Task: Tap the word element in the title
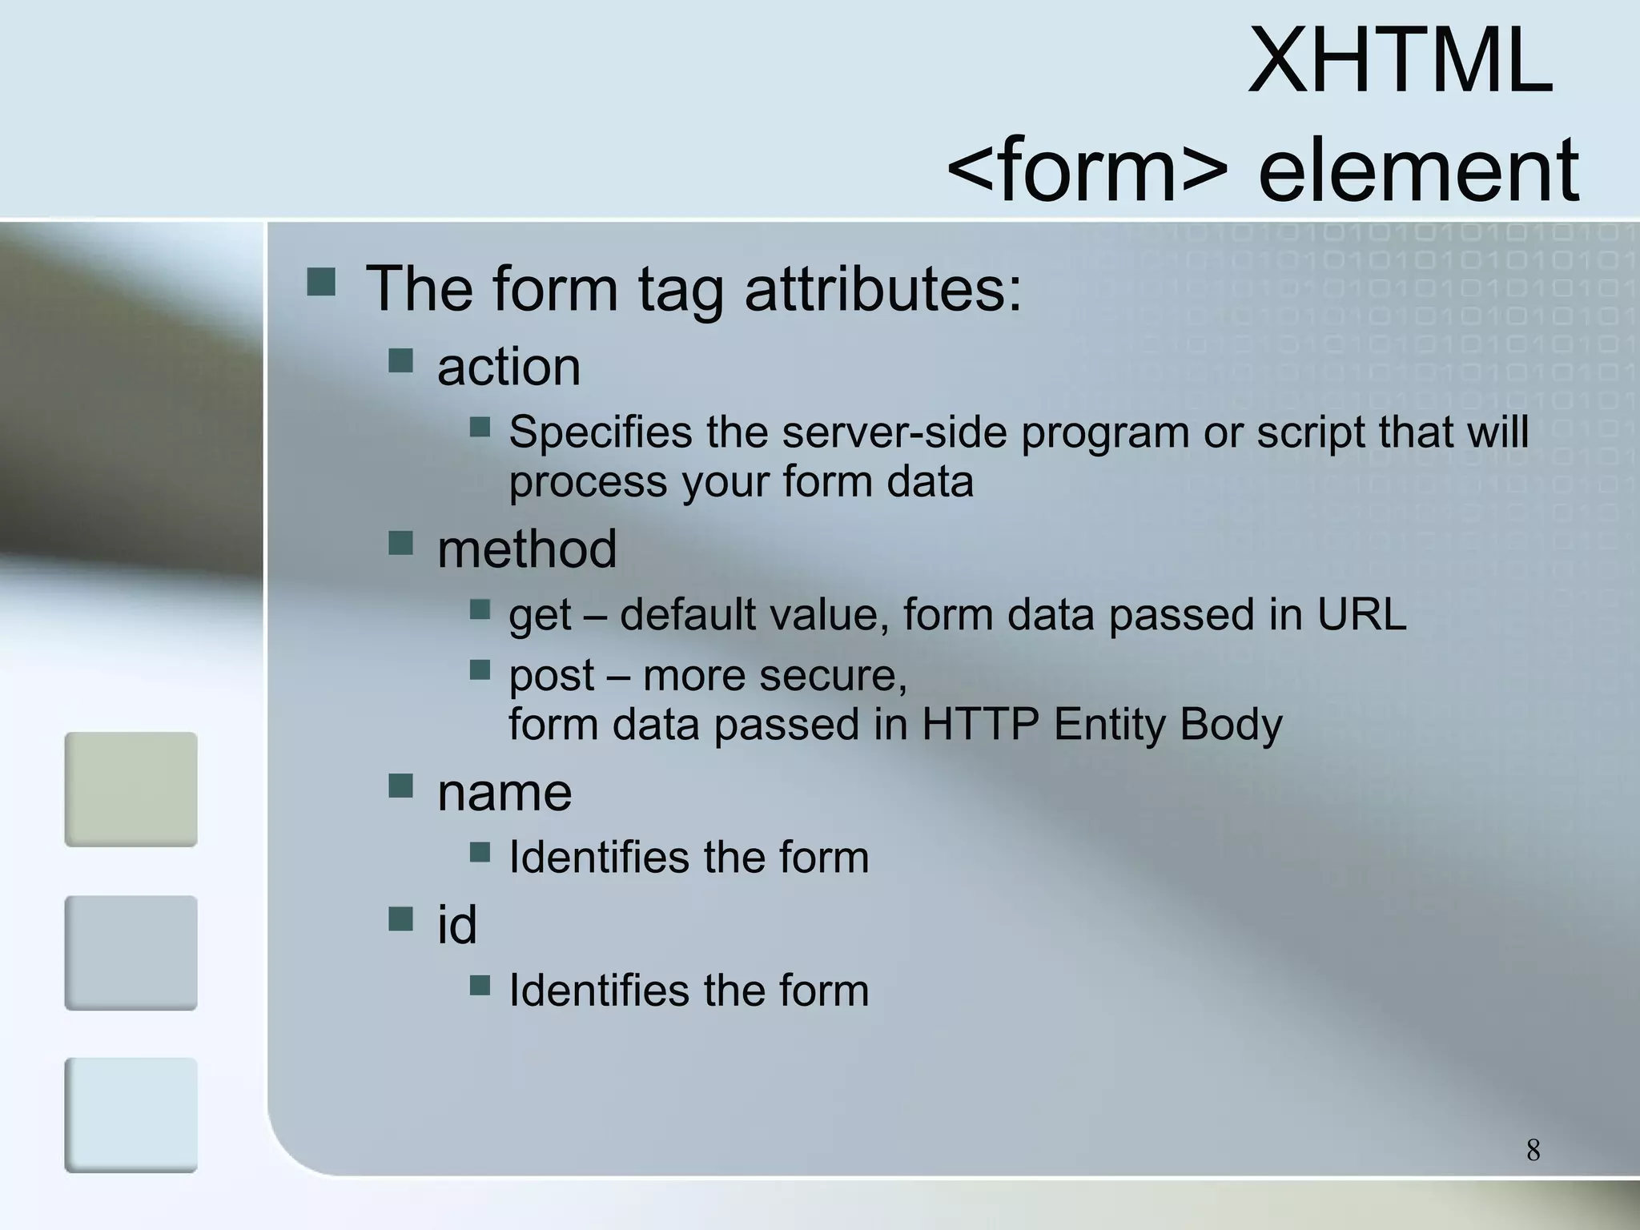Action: (x=1418, y=170)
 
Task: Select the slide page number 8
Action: (x=1533, y=1150)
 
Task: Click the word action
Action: (x=508, y=368)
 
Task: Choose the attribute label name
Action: (x=504, y=793)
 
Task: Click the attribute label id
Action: (x=456, y=924)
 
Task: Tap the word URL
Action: (x=1361, y=615)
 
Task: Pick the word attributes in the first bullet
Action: (x=883, y=288)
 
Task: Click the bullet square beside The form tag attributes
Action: (x=321, y=282)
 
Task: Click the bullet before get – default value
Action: (x=480, y=610)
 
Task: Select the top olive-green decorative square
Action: (x=131, y=789)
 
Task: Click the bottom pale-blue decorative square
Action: (x=131, y=1115)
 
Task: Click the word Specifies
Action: (x=601, y=432)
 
